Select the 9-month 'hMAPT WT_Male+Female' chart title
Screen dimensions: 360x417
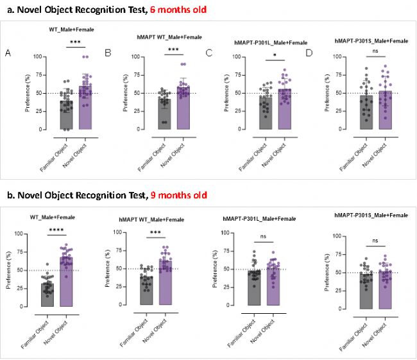pyautogui.click(x=157, y=219)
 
